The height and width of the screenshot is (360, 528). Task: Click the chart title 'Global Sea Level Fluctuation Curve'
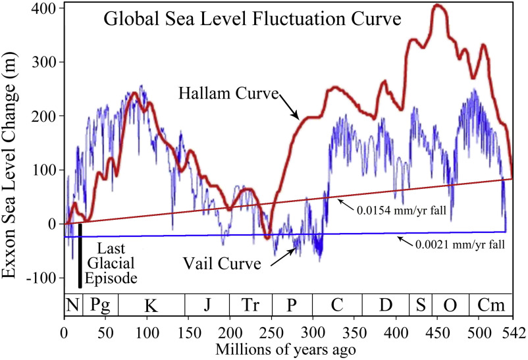(252, 19)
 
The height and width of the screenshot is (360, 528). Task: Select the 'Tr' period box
(250, 305)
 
